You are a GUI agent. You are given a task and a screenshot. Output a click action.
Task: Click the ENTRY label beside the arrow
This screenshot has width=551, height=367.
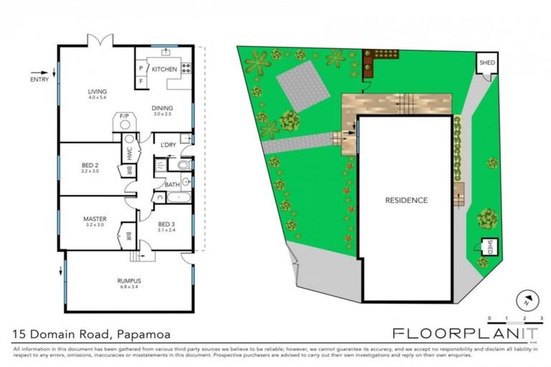(x=39, y=80)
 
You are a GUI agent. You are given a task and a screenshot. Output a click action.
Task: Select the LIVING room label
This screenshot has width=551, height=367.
(x=97, y=92)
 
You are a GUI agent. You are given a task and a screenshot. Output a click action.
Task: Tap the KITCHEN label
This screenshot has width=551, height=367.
(x=164, y=69)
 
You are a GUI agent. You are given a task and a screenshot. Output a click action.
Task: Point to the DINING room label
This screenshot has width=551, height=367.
(x=162, y=108)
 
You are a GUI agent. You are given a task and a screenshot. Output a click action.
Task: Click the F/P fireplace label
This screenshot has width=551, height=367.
(x=124, y=115)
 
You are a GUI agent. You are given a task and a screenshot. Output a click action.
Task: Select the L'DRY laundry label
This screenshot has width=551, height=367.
(x=168, y=145)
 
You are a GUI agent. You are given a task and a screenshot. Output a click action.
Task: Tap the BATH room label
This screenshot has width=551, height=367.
(x=172, y=184)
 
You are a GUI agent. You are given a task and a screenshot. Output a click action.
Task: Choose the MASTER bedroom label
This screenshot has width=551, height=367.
(x=94, y=219)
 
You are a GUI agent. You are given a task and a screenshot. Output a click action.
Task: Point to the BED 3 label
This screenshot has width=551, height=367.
(x=166, y=223)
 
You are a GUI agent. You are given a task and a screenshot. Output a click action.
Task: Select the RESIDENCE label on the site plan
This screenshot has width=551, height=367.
(x=406, y=200)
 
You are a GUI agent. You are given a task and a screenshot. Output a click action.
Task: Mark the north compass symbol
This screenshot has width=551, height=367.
(x=527, y=301)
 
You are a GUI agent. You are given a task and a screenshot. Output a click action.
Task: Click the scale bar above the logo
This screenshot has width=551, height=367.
(x=515, y=322)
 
